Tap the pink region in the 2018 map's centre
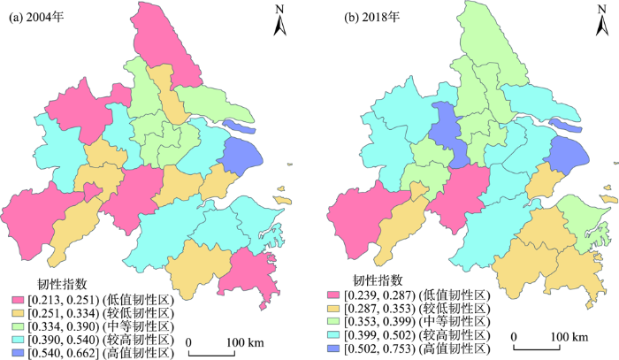(465, 188)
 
